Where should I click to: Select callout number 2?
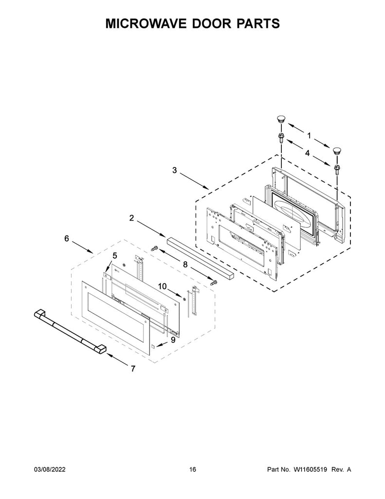[132, 218]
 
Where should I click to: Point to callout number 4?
[308, 153]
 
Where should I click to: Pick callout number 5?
[115, 255]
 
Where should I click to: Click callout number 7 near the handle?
[132, 369]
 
